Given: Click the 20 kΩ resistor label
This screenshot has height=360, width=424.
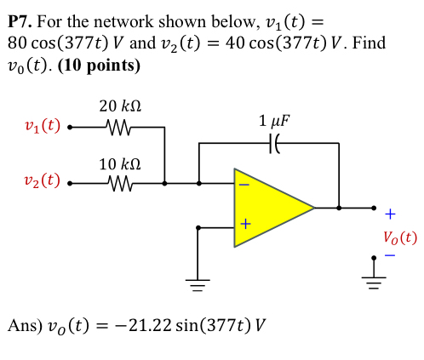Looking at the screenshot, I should click(120, 106).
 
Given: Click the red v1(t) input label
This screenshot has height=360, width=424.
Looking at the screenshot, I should click(42, 126).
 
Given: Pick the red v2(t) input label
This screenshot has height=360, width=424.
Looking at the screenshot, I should click(42, 180).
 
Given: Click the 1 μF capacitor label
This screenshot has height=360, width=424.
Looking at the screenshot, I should click(273, 121).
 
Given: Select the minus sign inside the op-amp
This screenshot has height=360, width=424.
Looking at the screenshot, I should click(244, 184).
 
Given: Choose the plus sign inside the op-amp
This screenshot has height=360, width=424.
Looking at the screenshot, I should click(244, 226).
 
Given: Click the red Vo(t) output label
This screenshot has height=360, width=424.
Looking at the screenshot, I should click(399, 237).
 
